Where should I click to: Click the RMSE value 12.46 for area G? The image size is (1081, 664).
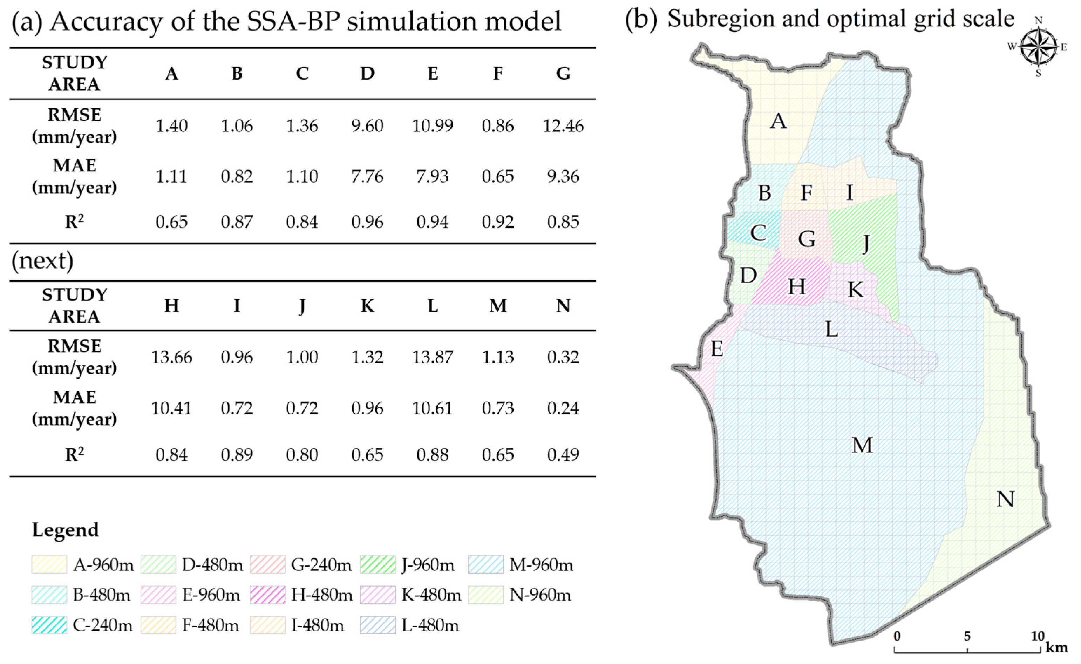(563, 126)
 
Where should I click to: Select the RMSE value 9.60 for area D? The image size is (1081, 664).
(367, 126)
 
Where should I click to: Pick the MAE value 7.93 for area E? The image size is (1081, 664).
(433, 177)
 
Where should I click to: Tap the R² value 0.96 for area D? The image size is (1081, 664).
(367, 222)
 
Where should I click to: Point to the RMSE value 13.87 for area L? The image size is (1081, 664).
(433, 357)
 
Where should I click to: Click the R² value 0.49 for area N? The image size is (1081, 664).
(563, 454)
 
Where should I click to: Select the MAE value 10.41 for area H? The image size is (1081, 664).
(171, 408)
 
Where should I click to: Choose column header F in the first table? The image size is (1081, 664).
(497, 74)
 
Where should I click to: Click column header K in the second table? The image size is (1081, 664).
(367, 306)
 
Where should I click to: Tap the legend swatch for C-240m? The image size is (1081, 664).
(49, 625)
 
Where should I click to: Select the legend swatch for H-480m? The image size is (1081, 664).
(267, 595)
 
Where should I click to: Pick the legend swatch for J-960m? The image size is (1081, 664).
(378, 565)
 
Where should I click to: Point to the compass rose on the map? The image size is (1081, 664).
(1038, 47)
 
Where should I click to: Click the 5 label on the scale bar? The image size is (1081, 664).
(967, 636)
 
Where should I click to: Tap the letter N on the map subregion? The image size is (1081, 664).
(1005, 499)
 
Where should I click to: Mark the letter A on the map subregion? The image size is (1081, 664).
(779, 121)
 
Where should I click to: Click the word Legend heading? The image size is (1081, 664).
(65, 530)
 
